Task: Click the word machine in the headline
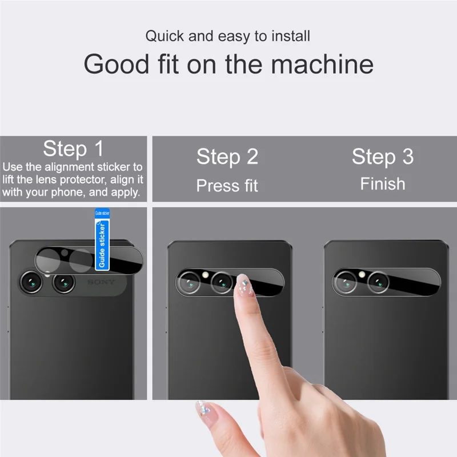click(323, 64)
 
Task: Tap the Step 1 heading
click(74, 149)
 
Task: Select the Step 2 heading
click(227, 157)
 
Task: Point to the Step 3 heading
click(383, 157)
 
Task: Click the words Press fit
click(227, 186)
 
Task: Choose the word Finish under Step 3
click(383, 184)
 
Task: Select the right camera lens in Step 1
click(63, 282)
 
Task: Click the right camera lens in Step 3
click(378, 281)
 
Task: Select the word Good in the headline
click(115, 64)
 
